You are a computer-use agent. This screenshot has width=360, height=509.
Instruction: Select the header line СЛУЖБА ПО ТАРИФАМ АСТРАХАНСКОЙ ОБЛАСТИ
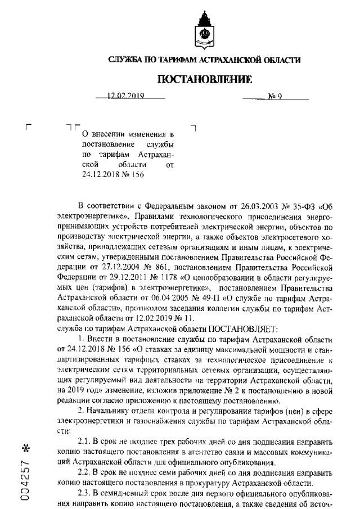204,60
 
